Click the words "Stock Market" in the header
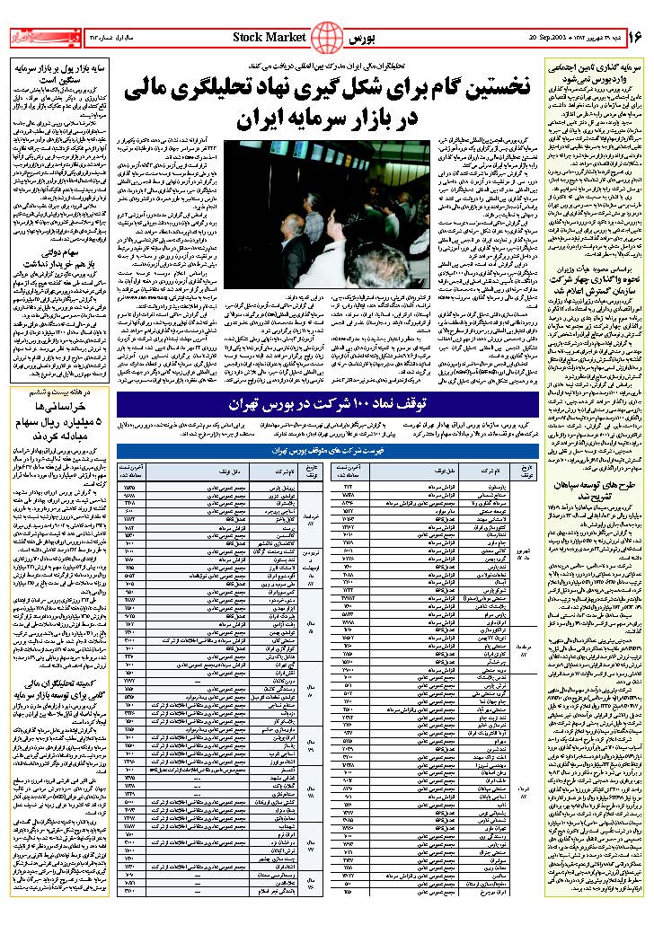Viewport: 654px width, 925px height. (270, 37)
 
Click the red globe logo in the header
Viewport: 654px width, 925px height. (332, 38)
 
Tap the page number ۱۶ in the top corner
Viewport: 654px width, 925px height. (636, 37)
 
